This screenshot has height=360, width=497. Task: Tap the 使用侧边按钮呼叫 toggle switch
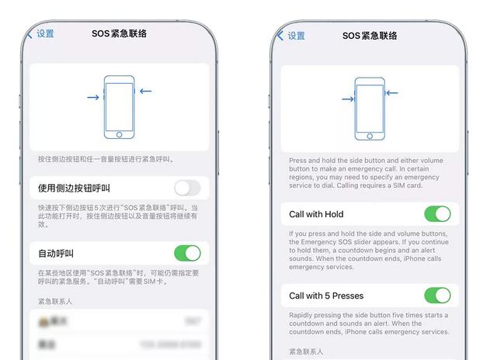187,188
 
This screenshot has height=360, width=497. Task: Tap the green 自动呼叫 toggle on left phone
187,253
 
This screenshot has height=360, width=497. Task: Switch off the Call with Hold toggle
437,214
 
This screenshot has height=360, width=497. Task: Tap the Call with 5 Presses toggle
437,296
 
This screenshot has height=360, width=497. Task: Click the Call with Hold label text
316,214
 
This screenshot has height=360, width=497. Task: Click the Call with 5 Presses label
326,296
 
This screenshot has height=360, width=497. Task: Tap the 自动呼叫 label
56,254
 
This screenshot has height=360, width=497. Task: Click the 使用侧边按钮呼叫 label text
75,188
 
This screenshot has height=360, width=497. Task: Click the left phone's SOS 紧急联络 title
119,34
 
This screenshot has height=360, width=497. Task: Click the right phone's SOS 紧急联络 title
370,36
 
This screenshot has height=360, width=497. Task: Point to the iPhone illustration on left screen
119,107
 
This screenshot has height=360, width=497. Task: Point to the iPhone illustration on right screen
370,109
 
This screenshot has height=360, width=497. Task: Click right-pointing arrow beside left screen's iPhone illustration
93,98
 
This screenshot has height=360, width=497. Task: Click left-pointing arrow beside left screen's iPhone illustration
145,92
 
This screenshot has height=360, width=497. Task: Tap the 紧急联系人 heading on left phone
57,299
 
